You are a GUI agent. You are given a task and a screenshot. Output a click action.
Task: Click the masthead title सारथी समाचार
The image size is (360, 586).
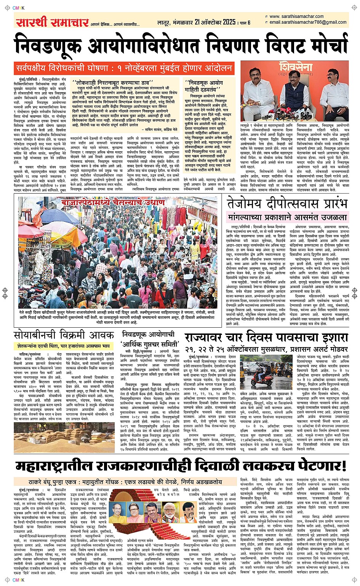point(52,22)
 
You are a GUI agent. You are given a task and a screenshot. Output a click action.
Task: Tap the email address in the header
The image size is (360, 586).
point(308,22)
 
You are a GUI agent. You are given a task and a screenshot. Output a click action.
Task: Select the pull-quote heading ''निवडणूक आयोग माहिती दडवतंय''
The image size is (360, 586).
point(204,86)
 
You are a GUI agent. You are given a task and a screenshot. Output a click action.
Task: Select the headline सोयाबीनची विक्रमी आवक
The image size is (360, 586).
point(64,335)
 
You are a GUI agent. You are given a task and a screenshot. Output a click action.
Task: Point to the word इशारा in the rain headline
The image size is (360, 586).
point(330,338)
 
